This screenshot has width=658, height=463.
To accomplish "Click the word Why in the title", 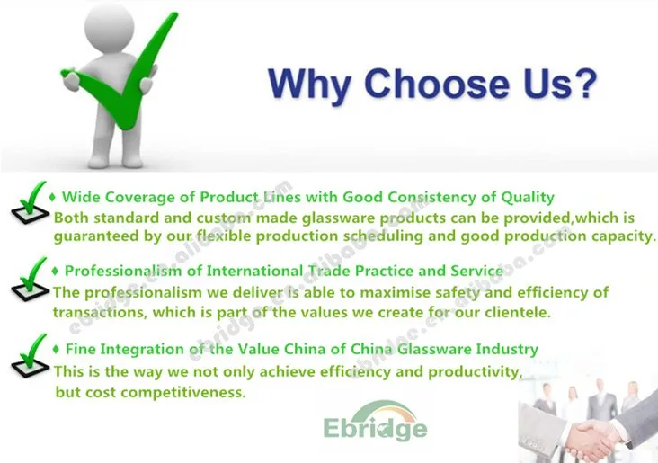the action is pyautogui.click(x=309, y=85).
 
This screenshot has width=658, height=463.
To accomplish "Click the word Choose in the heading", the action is pyautogui.click(x=437, y=83).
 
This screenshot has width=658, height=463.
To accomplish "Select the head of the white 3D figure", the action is pyautogui.click(x=109, y=24).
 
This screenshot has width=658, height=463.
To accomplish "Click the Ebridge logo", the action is pyautogui.click(x=375, y=421).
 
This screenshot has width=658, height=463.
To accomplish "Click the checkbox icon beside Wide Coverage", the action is pyautogui.click(x=30, y=202).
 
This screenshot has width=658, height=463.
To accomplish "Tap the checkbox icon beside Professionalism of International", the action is pyautogui.click(x=30, y=279).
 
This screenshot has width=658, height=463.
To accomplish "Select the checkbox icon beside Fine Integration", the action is pyautogui.click(x=30, y=355).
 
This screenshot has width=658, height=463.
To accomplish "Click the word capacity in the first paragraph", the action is pyautogui.click(x=624, y=236).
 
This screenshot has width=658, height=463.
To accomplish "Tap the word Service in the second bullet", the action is pyautogui.click(x=476, y=272).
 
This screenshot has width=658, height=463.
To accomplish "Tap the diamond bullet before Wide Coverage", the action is pyautogui.click(x=52, y=197).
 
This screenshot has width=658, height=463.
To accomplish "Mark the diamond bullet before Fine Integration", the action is pyautogui.click(x=57, y=349).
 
